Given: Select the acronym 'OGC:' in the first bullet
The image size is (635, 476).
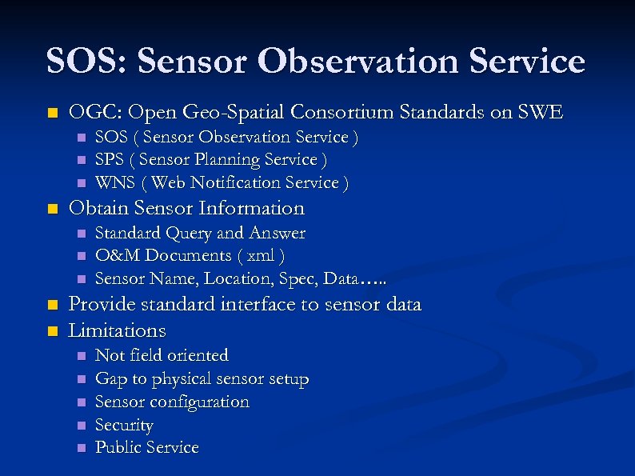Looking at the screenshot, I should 96,113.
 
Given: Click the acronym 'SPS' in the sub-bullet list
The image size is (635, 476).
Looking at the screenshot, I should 110,160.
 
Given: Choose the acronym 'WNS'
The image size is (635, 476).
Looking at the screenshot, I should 113,183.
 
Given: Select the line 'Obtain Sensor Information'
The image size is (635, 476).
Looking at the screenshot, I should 186,209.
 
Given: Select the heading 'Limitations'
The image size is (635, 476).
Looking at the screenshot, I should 118,330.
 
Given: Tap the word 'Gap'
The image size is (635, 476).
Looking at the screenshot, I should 110,379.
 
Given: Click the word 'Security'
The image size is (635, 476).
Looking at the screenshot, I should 124,425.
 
